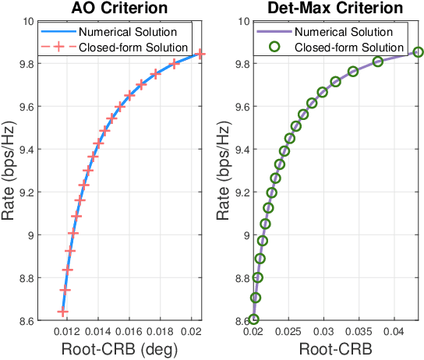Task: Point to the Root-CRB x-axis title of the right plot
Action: pyautogui.click(x=336, y=350)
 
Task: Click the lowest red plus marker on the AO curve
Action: pyautogui.click(x=63, y=312)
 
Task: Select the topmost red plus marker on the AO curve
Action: pyautogui.click(x=200, y=54)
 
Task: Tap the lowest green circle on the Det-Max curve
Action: pyautogui.click(x=253, y=319)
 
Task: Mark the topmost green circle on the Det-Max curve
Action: pyautogui.click(x=418, y=52)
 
